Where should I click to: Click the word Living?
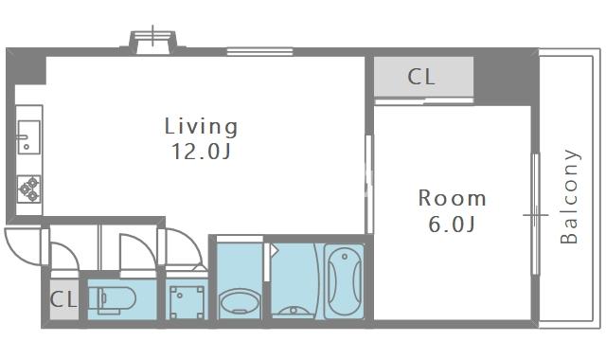[x=201, y=127]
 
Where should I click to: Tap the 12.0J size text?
[x=201, y=152]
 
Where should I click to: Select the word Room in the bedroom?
[x=452, y=198]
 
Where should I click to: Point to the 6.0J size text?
[x=452, y=224]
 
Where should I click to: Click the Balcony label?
[x=569, y=196]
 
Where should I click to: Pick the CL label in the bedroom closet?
[x=421, y=77]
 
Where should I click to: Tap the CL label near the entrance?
[x=63, y=299]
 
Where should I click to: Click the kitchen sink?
[x=28, y=136]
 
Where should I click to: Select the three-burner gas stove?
[x=29, y=189]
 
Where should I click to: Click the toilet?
[x=112, y=299]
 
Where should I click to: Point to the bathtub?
[x=344, y=281]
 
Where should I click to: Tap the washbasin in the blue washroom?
[x=240, y=303]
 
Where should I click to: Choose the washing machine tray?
[x=187, y=302]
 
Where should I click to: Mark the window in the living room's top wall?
[x=259, y=52]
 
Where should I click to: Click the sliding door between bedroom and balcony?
[x=535, y=214]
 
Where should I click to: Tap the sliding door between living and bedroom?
[x=369, y=184]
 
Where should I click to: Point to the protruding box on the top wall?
[x=153, y=43]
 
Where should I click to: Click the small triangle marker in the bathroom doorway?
[x=274, y=250]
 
